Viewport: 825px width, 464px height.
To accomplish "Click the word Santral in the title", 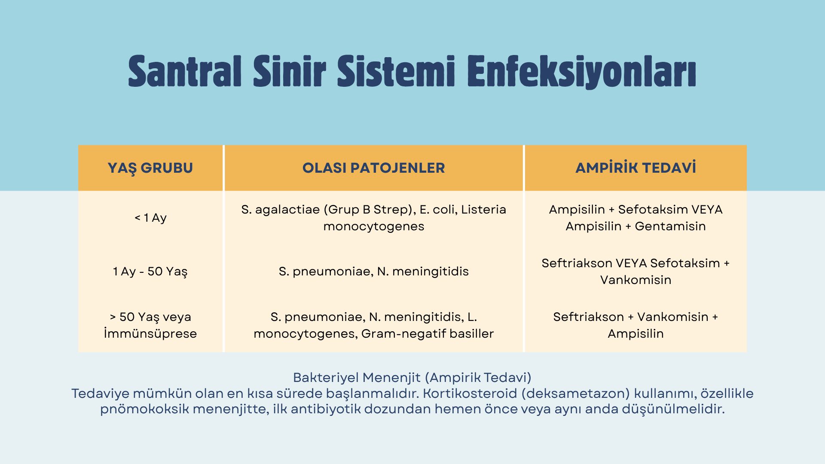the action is click(185, 71).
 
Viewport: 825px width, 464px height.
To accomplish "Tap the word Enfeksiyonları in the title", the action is click(582, 72).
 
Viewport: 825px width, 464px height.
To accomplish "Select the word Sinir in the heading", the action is click(290, 71).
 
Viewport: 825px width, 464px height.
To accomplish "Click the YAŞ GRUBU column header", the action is click(150, 168).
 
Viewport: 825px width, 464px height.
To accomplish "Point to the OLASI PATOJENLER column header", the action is click(374, 168).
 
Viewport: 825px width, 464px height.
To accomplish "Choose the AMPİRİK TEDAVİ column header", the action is click(636, 168).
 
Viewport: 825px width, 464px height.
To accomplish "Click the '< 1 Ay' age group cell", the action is click(150, 218).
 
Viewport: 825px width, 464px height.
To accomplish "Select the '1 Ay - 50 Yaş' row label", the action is click(150, 272).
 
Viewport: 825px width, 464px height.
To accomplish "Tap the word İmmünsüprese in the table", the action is click(150, 333).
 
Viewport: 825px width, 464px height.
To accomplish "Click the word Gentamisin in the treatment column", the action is click(670, 226).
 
